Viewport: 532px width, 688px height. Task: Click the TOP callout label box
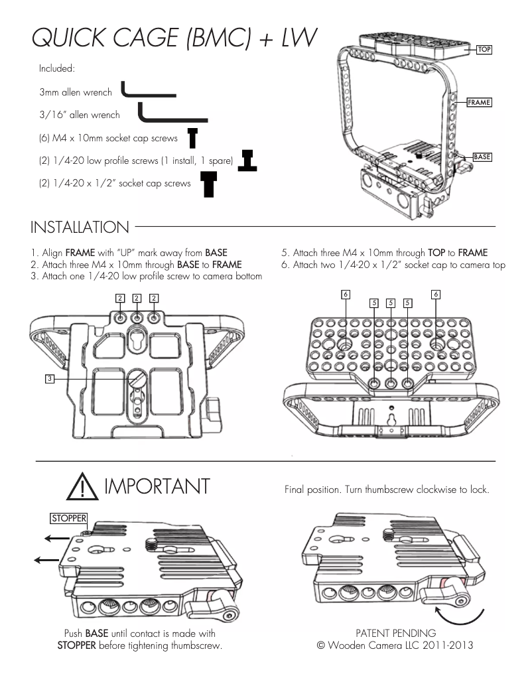click(x=484, y=50)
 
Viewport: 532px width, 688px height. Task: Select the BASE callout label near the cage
click(x=482, y=157)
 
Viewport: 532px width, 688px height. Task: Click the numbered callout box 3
click(x=49, y=378)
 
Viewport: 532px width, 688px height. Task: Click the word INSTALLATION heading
click(x=80, y=228)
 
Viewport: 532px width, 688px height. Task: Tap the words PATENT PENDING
click(x=395, y=633)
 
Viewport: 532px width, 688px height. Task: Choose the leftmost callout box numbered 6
click(x=344, y=294)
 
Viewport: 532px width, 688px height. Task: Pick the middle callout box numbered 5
click(x=391, y=303)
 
